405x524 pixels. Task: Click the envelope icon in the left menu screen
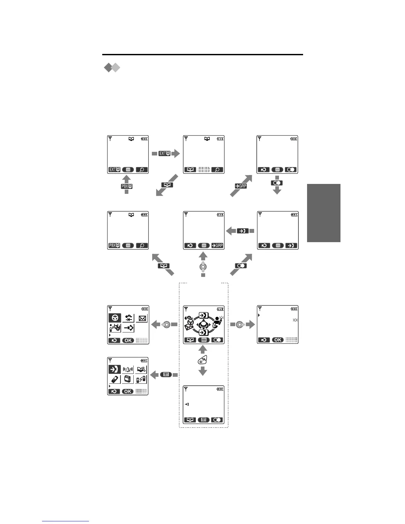[x=142, y=319]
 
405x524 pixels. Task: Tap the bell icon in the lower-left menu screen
[x=128, y=370]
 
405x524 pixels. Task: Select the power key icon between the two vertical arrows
[x=203, y=361]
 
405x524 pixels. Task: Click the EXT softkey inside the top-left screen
[x=114, y=170]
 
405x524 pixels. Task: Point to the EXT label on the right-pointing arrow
[x=164, y=153]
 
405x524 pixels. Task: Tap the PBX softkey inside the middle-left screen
[x=114, y=246]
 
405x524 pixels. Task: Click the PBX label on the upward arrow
[x=126, y=187]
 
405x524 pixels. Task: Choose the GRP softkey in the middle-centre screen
[x=217, y=246]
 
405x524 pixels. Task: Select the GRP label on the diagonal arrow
[x=241, y=186]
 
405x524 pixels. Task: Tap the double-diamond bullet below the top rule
[x=112, y=68]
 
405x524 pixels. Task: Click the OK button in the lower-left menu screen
[x=128, y=391]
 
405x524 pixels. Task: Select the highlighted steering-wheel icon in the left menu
[x=115, y=318]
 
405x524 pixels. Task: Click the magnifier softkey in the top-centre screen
[x=217, y=170]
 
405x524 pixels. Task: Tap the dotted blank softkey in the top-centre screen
[x=203, y=170]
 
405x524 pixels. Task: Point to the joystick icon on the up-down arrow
[x=203, y=267]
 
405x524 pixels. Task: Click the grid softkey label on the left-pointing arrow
[x=166, y=374]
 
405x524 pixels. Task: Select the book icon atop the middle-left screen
[x=131, y=215]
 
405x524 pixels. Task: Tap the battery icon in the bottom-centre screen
[x=220, y=389]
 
